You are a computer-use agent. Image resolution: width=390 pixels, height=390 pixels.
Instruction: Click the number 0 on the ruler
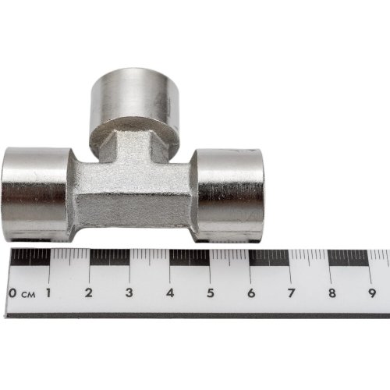(x=14, y=293)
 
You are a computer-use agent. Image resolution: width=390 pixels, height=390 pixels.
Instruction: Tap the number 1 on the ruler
(x=49, y=293)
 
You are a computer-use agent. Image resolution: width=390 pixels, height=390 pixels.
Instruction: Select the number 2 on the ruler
(x=89, y=293)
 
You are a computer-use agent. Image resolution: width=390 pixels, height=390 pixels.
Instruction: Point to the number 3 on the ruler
(x=129, y=293)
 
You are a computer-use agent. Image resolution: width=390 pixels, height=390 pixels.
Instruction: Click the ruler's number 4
(x=169, y=293)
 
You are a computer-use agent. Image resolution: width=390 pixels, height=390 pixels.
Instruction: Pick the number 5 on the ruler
(x=210, y=293)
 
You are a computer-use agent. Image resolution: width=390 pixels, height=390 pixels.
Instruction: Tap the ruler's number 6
(x=250, y=293)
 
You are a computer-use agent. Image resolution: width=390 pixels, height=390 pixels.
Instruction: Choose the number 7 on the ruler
(x=291, y=293)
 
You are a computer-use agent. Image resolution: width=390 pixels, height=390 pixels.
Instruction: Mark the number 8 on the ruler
(x=331, y=293)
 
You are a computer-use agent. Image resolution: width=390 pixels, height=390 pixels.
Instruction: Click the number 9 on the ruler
(x=372, y=293)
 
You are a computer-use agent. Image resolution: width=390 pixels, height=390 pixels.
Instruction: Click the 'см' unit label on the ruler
(x=28, y=295)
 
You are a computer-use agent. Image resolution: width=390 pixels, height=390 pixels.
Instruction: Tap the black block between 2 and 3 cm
(x=109, y=257)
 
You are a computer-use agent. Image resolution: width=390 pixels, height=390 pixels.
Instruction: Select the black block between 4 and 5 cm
(x=190, y=257)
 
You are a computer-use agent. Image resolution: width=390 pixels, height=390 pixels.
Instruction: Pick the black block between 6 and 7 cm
(x=270, y=257)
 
